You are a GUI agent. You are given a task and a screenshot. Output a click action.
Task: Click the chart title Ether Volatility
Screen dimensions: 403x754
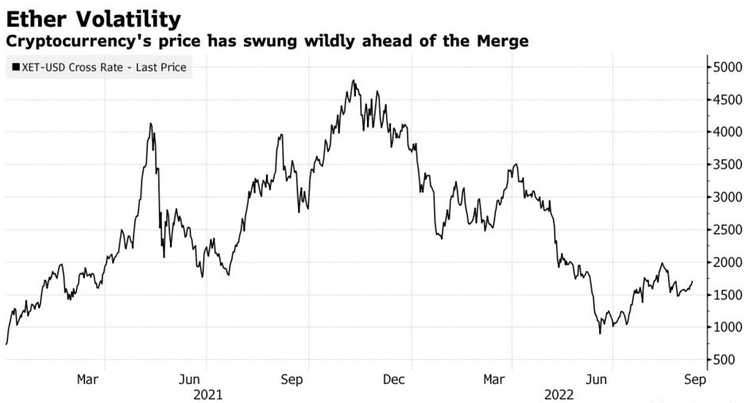(x=93, y=18)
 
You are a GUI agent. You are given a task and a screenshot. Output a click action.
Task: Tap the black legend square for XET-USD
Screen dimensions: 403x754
(x=15, y=68)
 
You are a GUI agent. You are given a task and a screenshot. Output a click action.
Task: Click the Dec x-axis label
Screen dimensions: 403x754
(x=395, y=379)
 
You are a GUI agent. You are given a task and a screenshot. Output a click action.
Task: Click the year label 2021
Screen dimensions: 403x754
(x=207, y=393)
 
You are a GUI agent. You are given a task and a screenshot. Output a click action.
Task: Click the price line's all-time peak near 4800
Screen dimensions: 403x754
(x=353, y=81)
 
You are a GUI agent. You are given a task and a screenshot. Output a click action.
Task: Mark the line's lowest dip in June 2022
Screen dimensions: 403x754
(x=600, y=332)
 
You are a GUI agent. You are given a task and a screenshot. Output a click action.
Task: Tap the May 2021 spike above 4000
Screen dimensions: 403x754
(x=151, y=124)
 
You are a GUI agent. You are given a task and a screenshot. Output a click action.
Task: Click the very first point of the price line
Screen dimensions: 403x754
(x=6, y=343)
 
